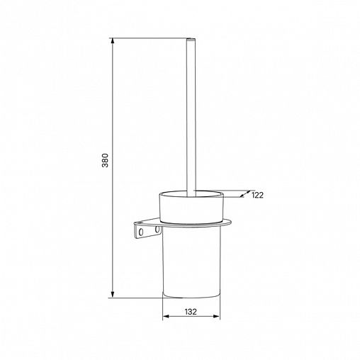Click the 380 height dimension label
tap(105, 160)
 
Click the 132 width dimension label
tap(191, 312)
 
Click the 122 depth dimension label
tap(257, 195)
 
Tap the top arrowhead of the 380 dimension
tap(113, 41)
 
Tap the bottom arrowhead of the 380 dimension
tap(113, 295)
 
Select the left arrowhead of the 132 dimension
tap(166, 316)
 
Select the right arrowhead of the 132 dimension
tap(217, 316)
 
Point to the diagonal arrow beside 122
tap(244, 194)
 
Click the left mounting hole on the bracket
tap(141, 232)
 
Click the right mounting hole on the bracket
tap(157, 229)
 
